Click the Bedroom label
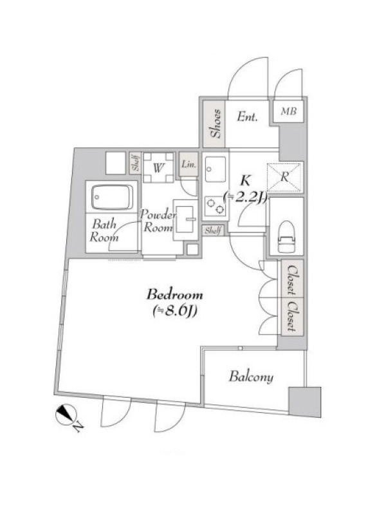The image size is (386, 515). (x=174, y=295)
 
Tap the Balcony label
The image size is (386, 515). (x=251, y=377)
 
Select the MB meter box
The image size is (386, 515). (x=288, y=111)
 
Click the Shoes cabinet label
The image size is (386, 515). (x=216, y=124)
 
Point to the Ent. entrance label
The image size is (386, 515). (x=247, y=117)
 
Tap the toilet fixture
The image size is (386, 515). (x=286, y=236)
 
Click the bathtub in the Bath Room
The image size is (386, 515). (x=113, y=197)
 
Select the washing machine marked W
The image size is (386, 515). (x=158, y=168)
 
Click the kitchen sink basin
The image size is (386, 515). (x=216, y=169)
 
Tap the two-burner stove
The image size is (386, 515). (x=216, y=206)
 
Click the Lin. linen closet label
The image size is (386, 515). (x=188, y=164)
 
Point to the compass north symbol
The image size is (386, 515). (x=66, y=415)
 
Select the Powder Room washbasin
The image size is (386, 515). (x=185, y=220)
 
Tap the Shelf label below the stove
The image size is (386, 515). (x=213, y=230)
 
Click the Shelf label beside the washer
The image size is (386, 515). (x=135, y=164)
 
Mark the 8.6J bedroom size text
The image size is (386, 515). (x=174, y=312)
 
